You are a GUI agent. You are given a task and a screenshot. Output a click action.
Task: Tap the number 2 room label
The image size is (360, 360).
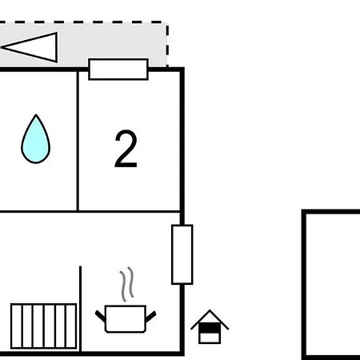tap(126, 149)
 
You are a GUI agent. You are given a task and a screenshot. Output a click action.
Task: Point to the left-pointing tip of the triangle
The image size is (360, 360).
tap(2, 47)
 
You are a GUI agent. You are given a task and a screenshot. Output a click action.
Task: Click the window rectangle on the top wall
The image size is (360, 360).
tap(118, 70)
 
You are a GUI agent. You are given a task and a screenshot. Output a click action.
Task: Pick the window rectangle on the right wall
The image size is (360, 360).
tap(182, 254)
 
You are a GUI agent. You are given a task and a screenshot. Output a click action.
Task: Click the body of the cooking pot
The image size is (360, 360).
tap(126, 319)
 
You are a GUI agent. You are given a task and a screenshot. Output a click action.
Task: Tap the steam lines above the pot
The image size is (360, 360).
tap(126, 284)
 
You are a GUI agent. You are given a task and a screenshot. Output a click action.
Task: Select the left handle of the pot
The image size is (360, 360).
tap(100, 315)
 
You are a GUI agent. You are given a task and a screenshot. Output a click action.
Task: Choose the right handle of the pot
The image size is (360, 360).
tap(151, 316)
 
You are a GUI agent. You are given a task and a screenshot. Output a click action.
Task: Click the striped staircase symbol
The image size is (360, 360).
tap(44, 326)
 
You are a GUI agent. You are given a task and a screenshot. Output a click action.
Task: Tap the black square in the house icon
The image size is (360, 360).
tap(210, 328)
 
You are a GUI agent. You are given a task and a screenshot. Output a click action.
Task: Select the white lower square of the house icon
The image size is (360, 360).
tap(210, 338)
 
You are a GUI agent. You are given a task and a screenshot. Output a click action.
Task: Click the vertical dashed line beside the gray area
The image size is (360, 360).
tap(167, 46)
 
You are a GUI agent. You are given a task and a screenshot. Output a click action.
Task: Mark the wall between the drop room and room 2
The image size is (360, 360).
tap(78, 141)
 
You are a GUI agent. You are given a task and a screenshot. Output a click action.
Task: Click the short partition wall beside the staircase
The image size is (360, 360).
tap(80, 309)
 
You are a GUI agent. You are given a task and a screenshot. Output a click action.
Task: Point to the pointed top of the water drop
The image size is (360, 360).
tap(36, 114)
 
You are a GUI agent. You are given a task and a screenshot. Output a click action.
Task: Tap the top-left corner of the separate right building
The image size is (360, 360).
tap(303, 212)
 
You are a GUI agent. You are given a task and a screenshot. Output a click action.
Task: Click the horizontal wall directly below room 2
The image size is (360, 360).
tap(130, 212)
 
